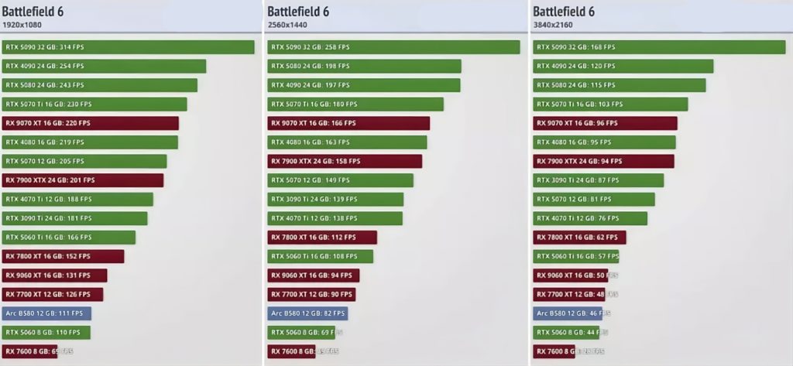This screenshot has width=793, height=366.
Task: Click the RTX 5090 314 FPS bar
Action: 128,47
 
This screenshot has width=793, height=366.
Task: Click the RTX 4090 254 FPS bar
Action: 104,67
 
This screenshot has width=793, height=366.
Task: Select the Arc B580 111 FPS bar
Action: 46,313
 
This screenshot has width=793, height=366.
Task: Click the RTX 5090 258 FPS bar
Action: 393,47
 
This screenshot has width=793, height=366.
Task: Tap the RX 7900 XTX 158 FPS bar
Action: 345,162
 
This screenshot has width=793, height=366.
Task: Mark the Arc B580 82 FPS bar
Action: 307,313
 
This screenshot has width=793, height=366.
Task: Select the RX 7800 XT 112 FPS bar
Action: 322,238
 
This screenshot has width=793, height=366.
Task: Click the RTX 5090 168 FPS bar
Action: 659,47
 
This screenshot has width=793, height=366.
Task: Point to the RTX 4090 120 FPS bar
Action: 623,67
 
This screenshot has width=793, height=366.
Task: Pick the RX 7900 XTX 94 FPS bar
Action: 603,162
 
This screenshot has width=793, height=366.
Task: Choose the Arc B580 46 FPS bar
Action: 567,313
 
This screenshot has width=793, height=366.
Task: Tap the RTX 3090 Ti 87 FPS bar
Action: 598,180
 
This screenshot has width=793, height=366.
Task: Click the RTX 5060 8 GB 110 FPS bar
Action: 46,333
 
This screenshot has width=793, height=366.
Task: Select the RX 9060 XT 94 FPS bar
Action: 314,275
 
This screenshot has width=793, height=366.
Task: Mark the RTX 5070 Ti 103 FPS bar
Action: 609,104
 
